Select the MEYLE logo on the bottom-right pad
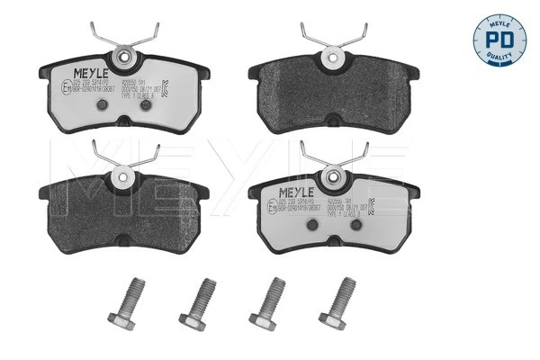pyautogui.click(x=298, y=193)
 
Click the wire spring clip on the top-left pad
pyautogui.click(x=129, y=35)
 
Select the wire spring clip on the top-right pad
pyautogui.click(x=332, y=35)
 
